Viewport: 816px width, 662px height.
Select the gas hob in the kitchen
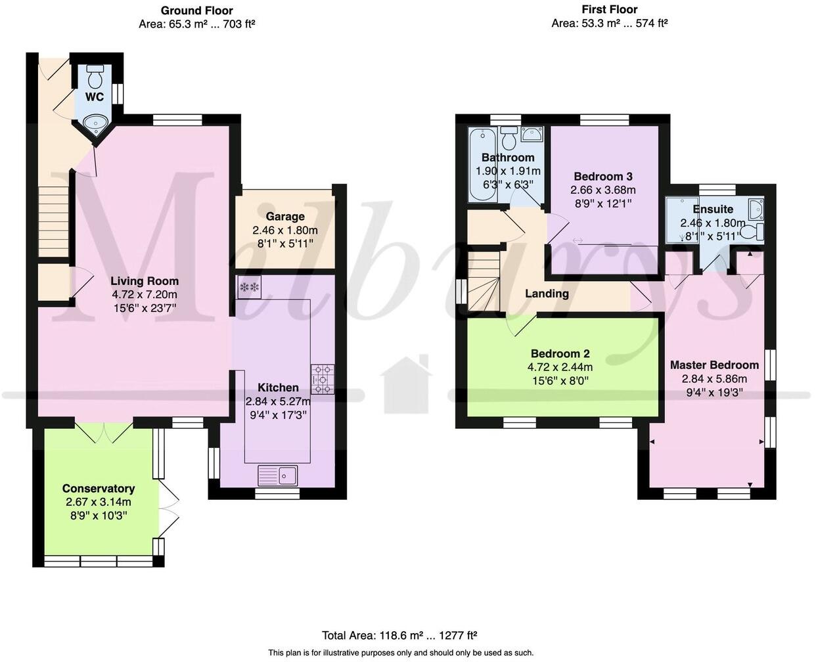point(323,379)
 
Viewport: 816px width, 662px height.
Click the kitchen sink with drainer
point(278,476)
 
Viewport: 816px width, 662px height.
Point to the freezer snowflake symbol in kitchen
point(250,287)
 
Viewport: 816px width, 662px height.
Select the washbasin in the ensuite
point(756,209)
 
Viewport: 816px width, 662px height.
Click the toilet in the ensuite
point(751,232)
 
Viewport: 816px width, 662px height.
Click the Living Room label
point(145,281)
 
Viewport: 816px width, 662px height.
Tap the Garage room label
point(285,217)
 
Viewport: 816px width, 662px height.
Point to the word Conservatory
point(99,489)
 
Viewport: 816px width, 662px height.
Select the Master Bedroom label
point(714,365)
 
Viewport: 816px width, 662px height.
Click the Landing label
point(547,294)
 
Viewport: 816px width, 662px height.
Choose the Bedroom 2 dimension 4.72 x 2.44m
point(560,367)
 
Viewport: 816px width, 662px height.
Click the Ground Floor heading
point(197,11)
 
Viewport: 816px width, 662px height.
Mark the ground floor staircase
point(54,222)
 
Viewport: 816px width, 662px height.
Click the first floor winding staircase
point(484,282)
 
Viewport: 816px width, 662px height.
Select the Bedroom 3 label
point(603,177)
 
